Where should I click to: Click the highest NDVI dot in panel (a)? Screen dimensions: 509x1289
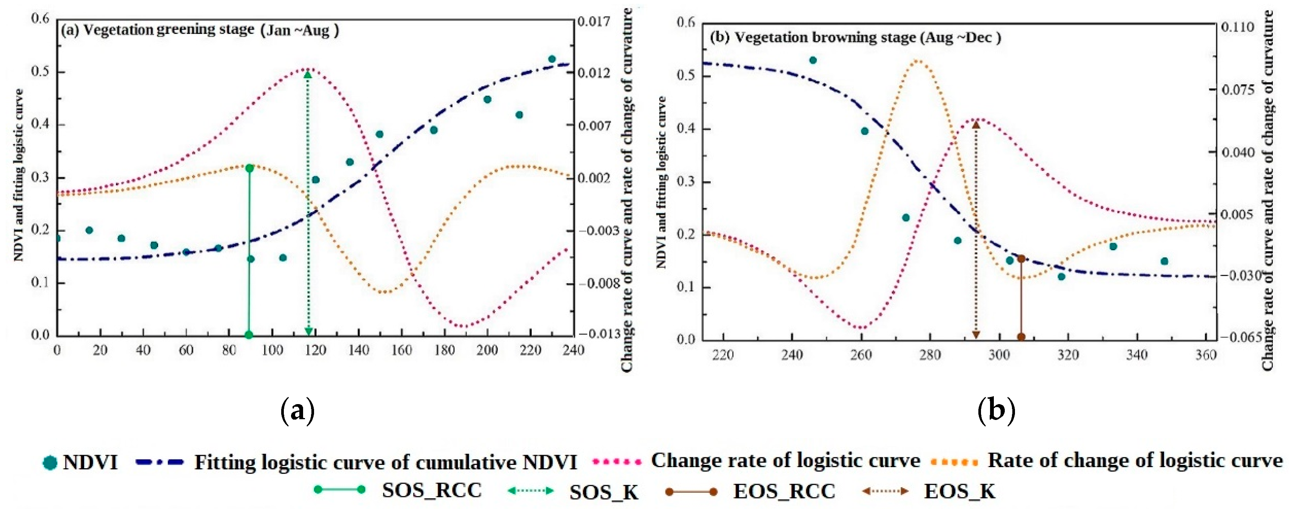(552, 59)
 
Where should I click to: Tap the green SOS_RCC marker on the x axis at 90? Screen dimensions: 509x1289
(249, 335)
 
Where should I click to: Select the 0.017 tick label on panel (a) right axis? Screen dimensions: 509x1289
(594, 22)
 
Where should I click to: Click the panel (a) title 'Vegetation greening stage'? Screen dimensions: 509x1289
(169, 30)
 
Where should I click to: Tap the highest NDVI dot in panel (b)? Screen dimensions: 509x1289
(813, 60)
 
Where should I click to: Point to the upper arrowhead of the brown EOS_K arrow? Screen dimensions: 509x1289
(976, 125)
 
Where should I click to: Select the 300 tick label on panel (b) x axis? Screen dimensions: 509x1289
(999, 355)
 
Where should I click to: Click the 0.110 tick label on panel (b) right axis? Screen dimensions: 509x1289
(1237, 27)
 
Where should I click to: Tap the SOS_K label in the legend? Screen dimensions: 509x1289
(604, 492)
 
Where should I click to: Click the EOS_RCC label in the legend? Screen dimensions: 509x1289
(784, 491)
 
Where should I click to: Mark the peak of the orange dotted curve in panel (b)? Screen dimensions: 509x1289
(917, 60)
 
